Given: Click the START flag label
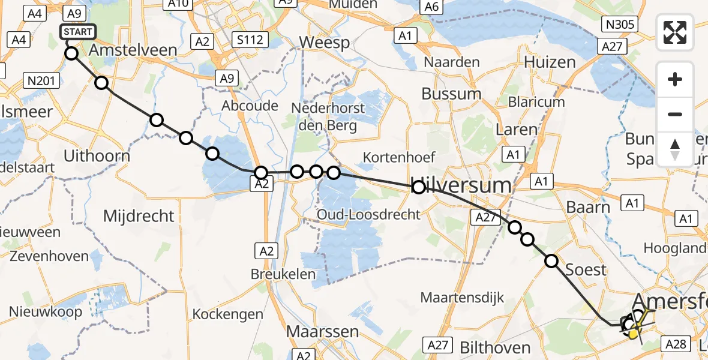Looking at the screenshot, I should tap(78, 31).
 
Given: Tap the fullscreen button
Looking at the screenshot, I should tap(675, 32).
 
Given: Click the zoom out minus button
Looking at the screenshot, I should tap(675, 114).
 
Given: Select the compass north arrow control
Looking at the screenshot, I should tap(675, 149).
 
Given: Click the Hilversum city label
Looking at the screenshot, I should tap(462, 185).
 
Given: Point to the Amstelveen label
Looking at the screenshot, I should tap(133, 50).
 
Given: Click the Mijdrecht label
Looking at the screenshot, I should tap(139, 216).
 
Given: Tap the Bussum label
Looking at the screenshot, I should tap(451, 94).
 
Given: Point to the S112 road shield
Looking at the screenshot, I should tap(250, 40).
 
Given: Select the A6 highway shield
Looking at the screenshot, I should tap(429, 7).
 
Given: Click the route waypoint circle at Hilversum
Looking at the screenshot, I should tap(419, 188).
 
